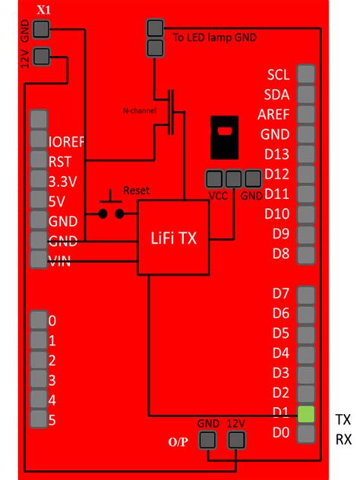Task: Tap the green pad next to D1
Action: click(x=305, y=414)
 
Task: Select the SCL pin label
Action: click(x=279, y=75)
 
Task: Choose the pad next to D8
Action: click(x=305, y=254)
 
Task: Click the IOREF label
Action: click(x=66, y=141)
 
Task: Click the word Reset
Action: click(x=137, y=190)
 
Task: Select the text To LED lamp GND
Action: click(x=215, y=37)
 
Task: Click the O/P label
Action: click(x=178, y=442)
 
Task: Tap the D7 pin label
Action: click(x=281, y=293)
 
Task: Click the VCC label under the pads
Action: click(x=218, y=194)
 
